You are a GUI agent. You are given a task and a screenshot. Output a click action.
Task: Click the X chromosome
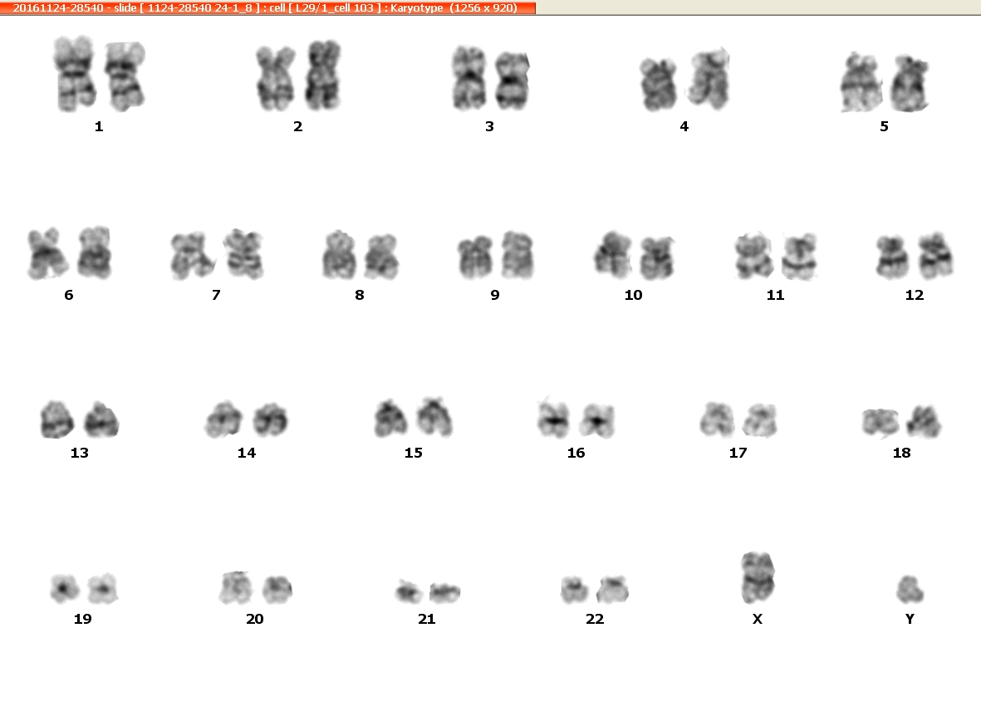point(758,577)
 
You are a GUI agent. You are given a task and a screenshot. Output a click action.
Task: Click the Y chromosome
point(910,589)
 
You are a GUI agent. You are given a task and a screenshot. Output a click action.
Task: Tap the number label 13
point(80,453)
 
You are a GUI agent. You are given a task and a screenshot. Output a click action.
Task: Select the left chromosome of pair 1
point(75,74)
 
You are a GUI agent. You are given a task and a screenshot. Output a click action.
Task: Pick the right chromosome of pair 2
point(323,75)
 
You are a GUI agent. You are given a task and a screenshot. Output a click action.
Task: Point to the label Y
point(910,618)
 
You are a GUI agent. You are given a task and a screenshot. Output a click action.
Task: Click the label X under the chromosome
point(757,618)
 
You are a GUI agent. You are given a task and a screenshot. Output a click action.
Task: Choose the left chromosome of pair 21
point(410,591)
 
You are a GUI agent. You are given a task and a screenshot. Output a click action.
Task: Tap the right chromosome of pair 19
point(103,589)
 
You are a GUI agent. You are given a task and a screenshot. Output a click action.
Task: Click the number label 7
point(216,295)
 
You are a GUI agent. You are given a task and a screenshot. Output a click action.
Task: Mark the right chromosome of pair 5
point(910,84)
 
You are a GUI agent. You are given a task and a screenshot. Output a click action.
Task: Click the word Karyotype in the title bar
point(417,8)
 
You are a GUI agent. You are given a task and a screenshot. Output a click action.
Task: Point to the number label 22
point(595,619)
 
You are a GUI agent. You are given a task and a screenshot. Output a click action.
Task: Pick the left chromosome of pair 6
point(47,253)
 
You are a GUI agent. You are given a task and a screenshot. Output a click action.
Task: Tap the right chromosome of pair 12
point(934,255)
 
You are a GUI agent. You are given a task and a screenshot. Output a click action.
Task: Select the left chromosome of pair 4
point(658,85)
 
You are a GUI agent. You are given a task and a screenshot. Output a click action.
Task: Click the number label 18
point(901,453)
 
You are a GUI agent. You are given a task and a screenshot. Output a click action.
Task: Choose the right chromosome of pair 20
point(277,590)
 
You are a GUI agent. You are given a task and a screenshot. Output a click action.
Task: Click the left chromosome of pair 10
point(612,254)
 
